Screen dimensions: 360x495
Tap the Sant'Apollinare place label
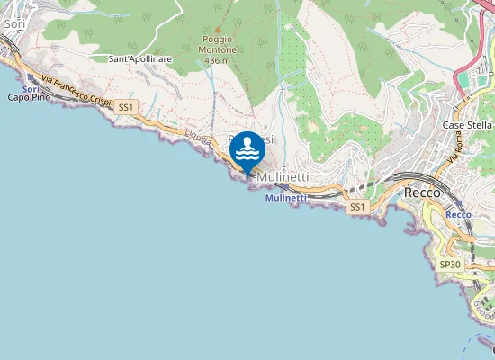tap(139, 58)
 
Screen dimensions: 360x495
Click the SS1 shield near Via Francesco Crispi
tap(125, 106)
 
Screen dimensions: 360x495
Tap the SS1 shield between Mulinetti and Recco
tap(357, 207)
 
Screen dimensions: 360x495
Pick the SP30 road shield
tap(449, 265)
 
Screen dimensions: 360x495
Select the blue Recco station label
tap(458, 215)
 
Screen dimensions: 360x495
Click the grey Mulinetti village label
tap(283, 178)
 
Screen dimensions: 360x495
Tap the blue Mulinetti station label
tap(286, 197)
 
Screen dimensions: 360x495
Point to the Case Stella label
tap(465, 125)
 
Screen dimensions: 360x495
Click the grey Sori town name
tap(13, 24)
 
